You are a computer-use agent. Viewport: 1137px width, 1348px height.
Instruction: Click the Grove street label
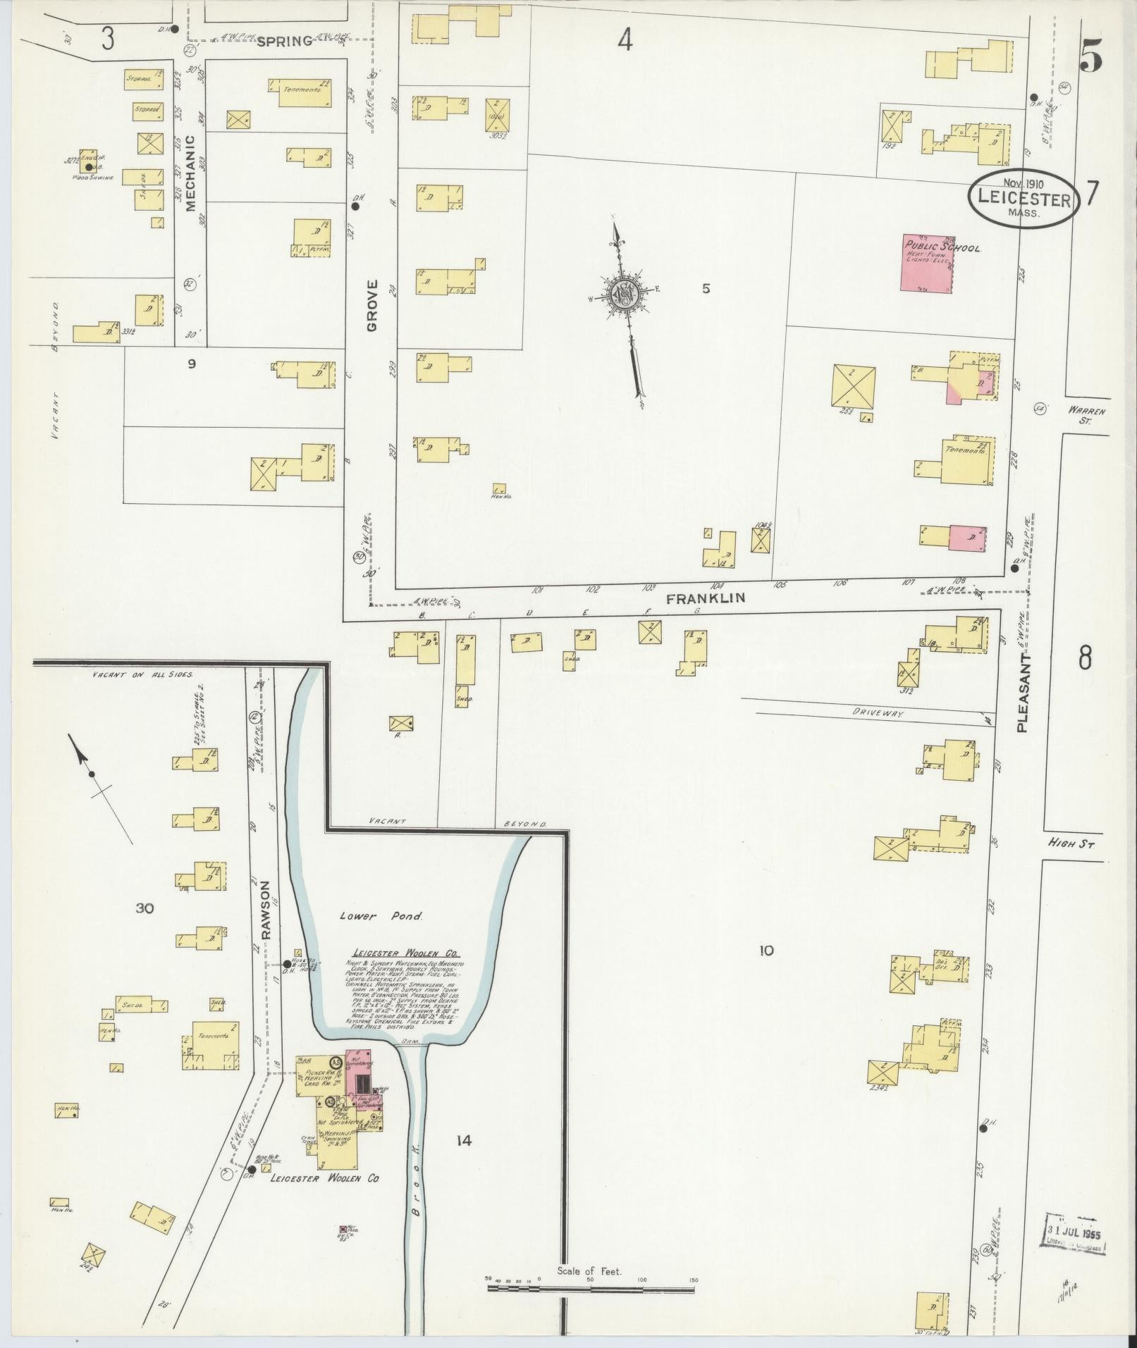coord(372,305)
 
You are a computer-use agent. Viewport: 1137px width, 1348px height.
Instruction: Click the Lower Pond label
coord(381,917)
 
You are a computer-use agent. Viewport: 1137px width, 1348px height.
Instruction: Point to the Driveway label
coord(878,713)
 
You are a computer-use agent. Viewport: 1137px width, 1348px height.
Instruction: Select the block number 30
coord(145,908)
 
